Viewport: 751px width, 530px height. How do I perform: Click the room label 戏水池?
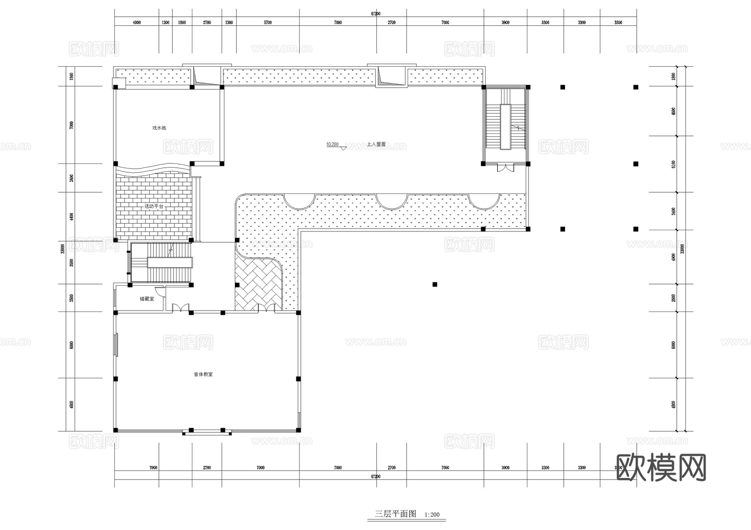coord(159,128)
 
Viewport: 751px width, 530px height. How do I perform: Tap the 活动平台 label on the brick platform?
coord(154,206)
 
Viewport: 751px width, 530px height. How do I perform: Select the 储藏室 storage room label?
coord(147,299)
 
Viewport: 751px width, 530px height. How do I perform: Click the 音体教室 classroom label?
coord(203,374)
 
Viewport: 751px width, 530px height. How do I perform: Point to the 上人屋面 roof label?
coord(376,144)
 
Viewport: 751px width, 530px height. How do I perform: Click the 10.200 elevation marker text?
coord(332,144)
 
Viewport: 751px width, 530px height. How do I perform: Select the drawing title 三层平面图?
coord(395,514)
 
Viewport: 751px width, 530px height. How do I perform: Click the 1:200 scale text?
coord(432,515)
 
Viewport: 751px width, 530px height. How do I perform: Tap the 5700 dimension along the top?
coord(267,23)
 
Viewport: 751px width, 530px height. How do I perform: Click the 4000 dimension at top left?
coord(136,23)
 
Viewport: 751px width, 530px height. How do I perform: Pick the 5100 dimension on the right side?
coord(673,164)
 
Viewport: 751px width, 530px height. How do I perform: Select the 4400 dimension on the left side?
coord(72,216)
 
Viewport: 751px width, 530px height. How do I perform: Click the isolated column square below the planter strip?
coord(435,284)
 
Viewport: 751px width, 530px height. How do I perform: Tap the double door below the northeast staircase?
coord(504,168)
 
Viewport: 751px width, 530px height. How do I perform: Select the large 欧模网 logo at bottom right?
coord(661,467)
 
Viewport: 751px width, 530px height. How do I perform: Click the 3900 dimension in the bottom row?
coord(505,468)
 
